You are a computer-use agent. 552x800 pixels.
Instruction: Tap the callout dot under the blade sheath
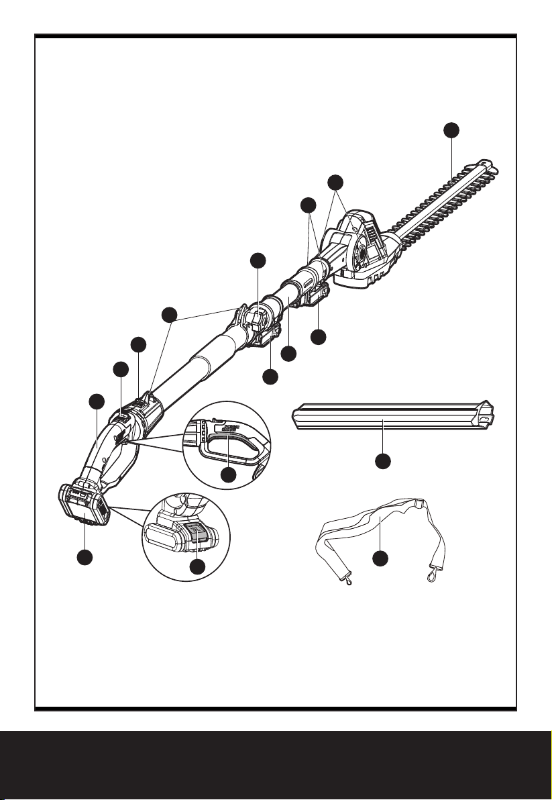click(382, 462)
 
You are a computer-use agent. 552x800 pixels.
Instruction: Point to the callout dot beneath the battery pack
click(85, 557)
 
